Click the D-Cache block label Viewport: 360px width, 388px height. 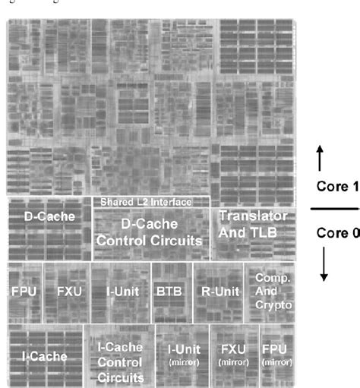[x=49, y=217]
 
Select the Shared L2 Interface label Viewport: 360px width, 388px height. [x=151, y=202]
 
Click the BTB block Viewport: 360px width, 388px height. [x=172, y=291]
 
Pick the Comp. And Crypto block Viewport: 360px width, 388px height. [x=269, y=291]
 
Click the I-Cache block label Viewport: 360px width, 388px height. [x=44, y=355]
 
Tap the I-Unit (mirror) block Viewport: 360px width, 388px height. [x=182, y=355]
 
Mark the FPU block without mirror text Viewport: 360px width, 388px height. [x=25, y=291]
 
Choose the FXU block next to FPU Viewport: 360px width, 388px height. [x=67, y=291]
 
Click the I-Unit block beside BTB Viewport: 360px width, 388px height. [x=121, y=291]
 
